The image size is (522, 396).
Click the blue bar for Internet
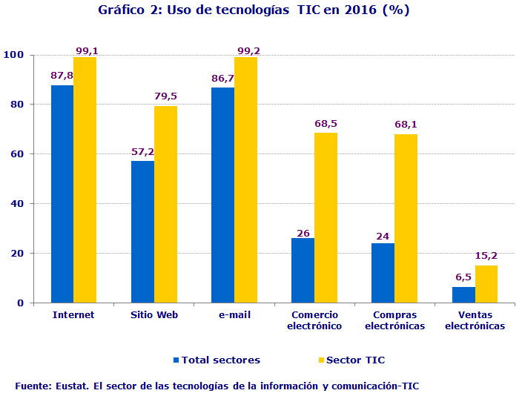click(62, 194)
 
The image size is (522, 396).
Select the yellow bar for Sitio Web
click(165, 205)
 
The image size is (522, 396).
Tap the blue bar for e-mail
click(222, 196)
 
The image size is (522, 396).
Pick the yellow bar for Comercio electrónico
click(326, 218)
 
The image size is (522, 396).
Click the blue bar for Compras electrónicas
click(383, 273)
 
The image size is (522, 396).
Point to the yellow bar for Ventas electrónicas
click(486, 284)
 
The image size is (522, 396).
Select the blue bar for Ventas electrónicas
click(463, 294)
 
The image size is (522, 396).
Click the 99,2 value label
click(248, 51)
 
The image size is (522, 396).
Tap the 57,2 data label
click(143, 152)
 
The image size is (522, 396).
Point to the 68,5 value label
click(326, 124)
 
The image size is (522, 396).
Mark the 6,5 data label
click(463, 277)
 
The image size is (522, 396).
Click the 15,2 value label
click(486, 256)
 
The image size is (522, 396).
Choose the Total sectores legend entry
click(217, 360)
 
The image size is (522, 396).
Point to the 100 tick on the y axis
click(14, 56)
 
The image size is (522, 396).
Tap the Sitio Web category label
click(153, 314)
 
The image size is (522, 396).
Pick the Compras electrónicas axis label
click(394, 320)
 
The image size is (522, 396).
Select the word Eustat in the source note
click(73, 386)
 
